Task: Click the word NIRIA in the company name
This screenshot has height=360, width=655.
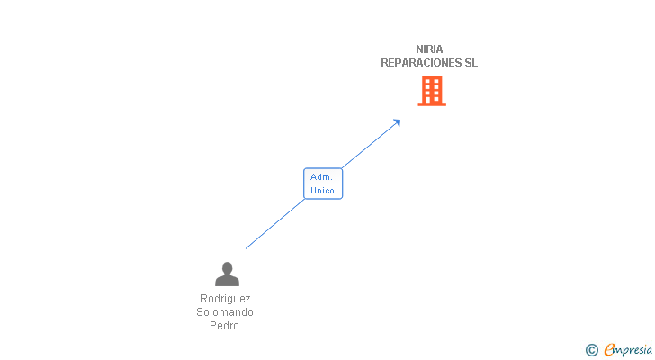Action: (x=429, y=49)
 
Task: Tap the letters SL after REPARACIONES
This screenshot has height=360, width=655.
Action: (x=471, y=63)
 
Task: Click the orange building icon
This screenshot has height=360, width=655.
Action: (x=432, y=90)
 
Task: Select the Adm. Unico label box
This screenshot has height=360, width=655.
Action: (x=323, y=184)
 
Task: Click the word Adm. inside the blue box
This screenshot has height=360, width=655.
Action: (x=322, y=177)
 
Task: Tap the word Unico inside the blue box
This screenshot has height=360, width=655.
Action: (x=322, y=191)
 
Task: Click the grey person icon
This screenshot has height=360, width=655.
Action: (x=227, y=274)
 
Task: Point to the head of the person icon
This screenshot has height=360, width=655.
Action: (x=227, y=267)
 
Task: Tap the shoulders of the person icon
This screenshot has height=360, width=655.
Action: (x=227, y=281)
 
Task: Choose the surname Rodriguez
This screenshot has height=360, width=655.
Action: (x=225, y=299)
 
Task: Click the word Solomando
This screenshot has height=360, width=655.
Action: (x=225, y=312)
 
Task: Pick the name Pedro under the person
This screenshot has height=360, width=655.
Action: (x=225, y=326)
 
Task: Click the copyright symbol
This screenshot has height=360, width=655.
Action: (x=591, y=350)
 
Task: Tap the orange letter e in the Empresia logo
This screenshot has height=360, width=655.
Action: (x=610, y=350)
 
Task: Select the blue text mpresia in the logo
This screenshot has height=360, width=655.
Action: (x=634, y=350)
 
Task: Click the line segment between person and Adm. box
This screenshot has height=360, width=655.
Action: (x=274, y=224)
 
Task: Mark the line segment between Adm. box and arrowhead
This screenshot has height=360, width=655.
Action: (x=369, y=144)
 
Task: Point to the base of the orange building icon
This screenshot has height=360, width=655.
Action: (x=432, y=103)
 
